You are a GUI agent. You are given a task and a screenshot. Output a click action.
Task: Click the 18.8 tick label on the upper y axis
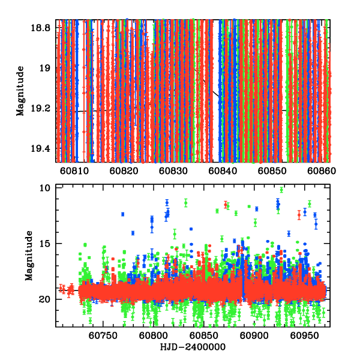point(43,28)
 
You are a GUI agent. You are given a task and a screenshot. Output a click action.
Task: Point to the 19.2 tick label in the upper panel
point(43,109)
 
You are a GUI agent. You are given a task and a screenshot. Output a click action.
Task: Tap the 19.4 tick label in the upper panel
point(43,149)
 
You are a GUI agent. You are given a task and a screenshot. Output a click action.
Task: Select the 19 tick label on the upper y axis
point(47,68)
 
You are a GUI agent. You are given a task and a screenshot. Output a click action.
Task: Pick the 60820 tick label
point(125,170)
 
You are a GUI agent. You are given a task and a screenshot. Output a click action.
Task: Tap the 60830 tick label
point(175,170)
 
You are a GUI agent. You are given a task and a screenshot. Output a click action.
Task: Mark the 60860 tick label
point(322,170)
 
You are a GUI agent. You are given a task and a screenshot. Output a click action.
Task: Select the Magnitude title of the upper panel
point(20,90)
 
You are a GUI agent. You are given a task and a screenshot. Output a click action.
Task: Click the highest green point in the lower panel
point(281,190)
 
